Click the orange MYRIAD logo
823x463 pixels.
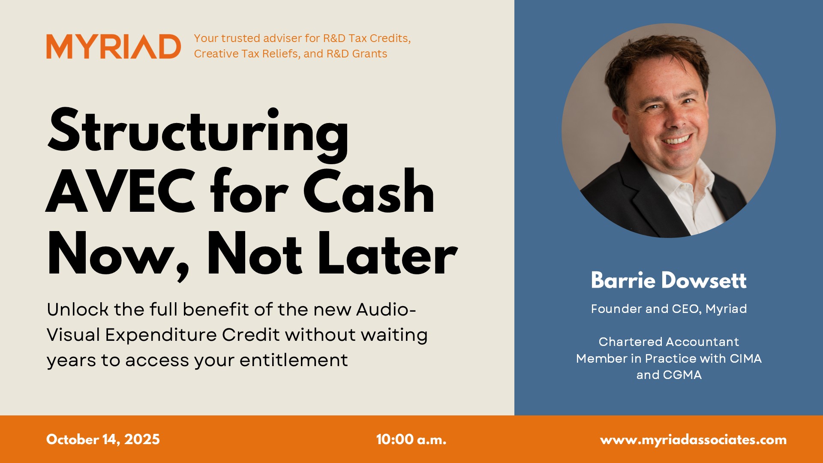(x=114, y=46)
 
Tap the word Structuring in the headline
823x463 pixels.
(x=198, y=131)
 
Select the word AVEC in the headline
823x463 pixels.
(x=121, y=192)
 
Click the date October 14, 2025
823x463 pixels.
(x=103, y=439)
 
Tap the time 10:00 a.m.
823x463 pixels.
(x=411, y=439)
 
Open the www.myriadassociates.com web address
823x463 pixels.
(x=693, y=440)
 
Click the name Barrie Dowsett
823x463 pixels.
(x=668, y=280)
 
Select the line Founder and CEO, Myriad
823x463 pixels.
(x=668, y=309)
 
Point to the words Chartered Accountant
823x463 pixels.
(x=668, y=342)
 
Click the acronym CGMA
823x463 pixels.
(x=682, y=375)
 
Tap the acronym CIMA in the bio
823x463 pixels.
(x=745, y=358)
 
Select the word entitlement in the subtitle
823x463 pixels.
(x=293, y=360)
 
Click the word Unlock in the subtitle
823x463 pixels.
(x=77, y=310)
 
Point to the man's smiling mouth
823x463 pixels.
(x=677, y=140)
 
